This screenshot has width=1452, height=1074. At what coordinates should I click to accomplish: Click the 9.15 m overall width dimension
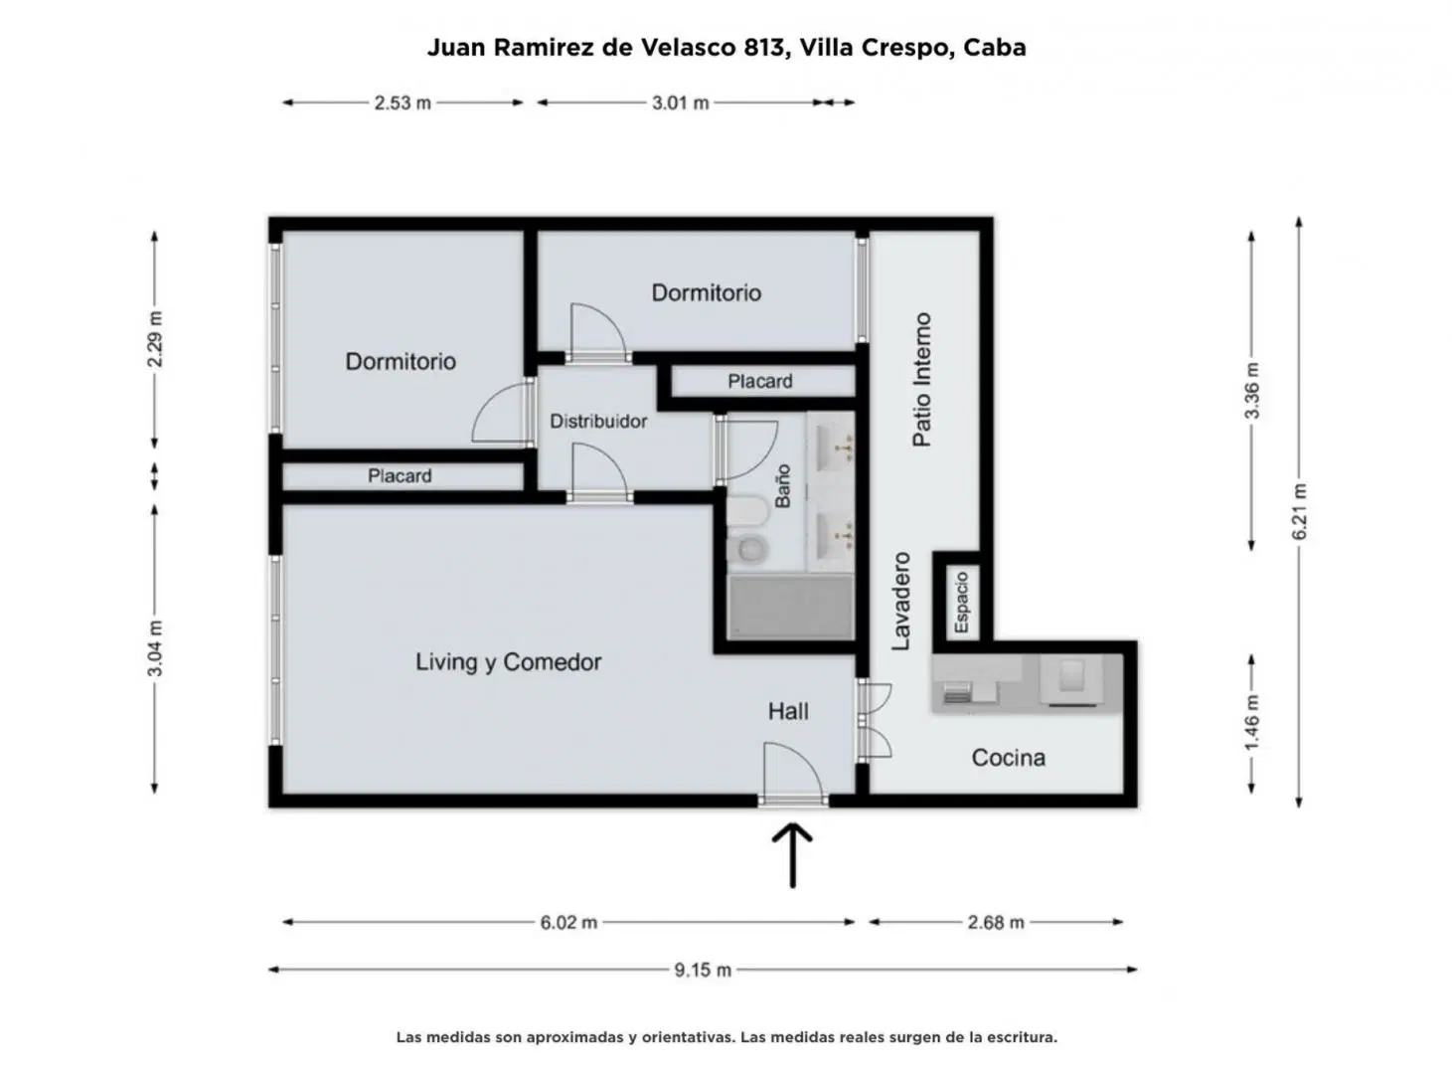[x=703, y=970]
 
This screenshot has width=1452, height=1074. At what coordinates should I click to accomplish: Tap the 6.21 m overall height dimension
[x=1300, y=512]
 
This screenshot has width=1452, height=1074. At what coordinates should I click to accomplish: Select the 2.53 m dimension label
[x=403, y=102]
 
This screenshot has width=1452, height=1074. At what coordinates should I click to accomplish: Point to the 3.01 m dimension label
[x=680, y=102]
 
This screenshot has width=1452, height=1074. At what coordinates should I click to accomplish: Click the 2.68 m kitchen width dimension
[x=996, y=923]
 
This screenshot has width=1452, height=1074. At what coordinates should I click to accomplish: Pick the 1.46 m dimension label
[x=1251, y=723]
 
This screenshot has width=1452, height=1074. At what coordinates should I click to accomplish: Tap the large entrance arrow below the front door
[x=793, y=856]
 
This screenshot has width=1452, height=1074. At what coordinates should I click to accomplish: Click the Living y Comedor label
[x=509, y=662]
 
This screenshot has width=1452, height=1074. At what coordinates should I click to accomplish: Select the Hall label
[x=788, y=712]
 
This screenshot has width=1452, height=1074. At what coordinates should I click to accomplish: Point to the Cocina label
[x=1008, y=758]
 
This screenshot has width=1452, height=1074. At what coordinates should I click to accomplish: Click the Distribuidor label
[x=598, y=422]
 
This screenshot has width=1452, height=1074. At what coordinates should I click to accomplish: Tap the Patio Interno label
[x=921, y=380]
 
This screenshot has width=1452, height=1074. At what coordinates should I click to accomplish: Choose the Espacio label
[x=962, y=603]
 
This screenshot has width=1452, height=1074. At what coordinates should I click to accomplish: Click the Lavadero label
[x=901, y=602]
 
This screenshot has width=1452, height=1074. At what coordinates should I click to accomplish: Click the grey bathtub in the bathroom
[x=791, y=607]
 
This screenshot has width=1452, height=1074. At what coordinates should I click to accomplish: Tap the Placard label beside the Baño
[x=760, y=382]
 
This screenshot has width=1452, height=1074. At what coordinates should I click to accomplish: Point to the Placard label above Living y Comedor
[x=400, y=475]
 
